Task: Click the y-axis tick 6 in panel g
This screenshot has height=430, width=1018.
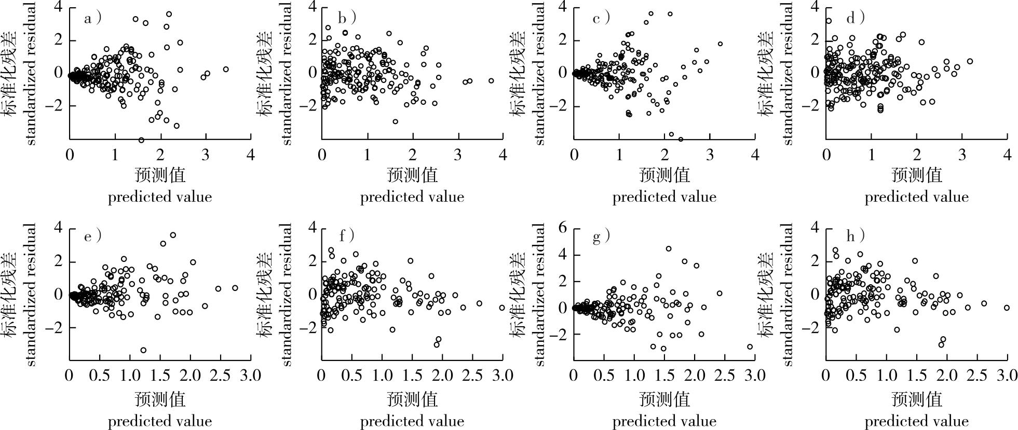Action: coord(563,229)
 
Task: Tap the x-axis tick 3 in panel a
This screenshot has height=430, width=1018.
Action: coord(206,154)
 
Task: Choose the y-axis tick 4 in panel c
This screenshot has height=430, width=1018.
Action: coord(563,7)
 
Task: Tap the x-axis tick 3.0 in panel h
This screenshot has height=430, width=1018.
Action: coord(1006,375)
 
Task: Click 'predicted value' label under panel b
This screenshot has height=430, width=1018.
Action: coord(412,197)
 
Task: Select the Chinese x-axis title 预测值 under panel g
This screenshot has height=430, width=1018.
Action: coord(664,399)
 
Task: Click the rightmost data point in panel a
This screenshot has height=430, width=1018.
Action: coord(226,69)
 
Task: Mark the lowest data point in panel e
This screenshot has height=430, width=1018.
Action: coord(143,350)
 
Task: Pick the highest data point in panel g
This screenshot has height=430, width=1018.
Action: coord(669,249)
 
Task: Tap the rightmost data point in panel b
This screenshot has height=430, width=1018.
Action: coord(491,80)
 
